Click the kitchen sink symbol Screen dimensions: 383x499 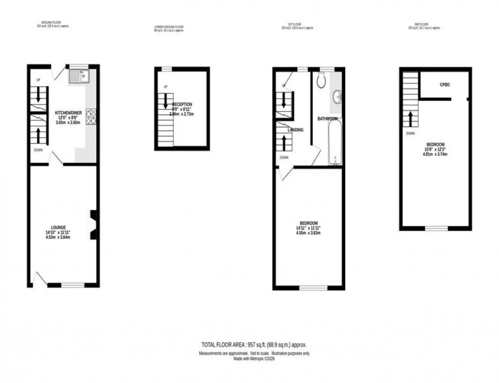point(79,77)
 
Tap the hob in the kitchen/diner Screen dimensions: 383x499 point(91,117)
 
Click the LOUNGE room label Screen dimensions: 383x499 point(58,227)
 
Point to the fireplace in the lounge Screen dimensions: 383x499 point(93,224)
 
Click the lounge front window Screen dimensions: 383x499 point(73,285)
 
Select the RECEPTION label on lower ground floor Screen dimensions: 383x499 point(182,104)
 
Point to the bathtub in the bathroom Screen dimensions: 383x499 point(334,142)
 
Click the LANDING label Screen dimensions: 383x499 point(295,130)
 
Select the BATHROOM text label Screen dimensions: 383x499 point(327,119)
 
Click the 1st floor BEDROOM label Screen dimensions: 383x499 point(308,223)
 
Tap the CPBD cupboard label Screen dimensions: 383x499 point(446,85)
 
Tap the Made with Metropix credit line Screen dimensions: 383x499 point(253,358)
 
